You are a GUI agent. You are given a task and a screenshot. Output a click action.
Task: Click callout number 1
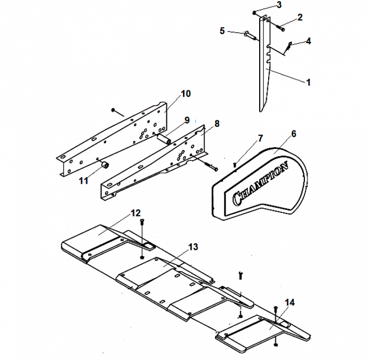click(309, 82)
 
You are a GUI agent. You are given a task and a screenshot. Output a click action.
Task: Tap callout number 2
click(300, 17)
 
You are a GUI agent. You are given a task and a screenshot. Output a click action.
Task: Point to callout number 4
click(308, 40)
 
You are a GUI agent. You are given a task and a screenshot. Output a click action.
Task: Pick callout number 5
click(222, 31)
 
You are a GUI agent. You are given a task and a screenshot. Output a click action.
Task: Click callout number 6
click(293, 133)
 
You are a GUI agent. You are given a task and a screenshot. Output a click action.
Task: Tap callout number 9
click(186, 120)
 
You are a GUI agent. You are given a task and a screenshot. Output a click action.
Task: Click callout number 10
click(186, 94)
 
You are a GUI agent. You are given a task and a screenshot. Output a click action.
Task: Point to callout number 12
click(136, 213)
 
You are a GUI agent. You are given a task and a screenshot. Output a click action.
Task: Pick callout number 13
click(193, 246)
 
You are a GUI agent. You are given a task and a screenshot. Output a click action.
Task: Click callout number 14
click(289, 302)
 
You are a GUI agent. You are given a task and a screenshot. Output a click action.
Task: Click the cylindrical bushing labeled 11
click(105, 166)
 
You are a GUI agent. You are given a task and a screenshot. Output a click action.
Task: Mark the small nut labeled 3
click(254, 12)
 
